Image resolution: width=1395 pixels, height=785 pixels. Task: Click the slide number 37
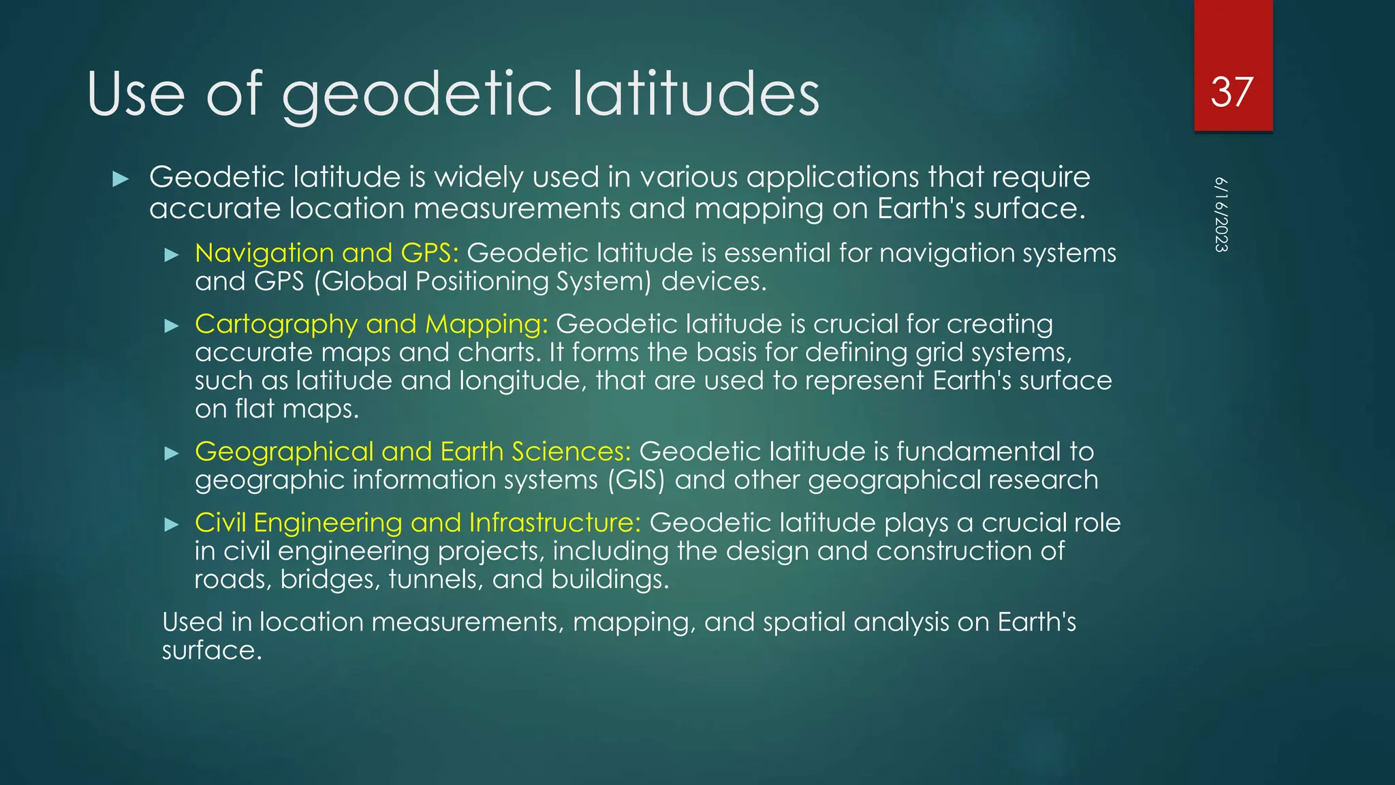1232,92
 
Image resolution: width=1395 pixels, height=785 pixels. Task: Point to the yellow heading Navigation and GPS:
326,253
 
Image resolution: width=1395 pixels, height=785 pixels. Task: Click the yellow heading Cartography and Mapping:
371,324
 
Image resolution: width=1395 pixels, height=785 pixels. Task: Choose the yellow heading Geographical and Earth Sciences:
413,452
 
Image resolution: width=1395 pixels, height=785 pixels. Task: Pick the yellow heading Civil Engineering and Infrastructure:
418,523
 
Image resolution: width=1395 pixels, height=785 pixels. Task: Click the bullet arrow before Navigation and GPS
172,256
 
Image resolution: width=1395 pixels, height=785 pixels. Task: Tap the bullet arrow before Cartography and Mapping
172,326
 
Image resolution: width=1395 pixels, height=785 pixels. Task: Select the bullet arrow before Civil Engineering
172,524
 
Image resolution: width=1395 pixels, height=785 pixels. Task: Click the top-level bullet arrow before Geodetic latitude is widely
121,179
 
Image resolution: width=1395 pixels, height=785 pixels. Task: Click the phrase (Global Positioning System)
482,281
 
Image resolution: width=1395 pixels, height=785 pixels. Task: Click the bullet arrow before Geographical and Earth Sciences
172,453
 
